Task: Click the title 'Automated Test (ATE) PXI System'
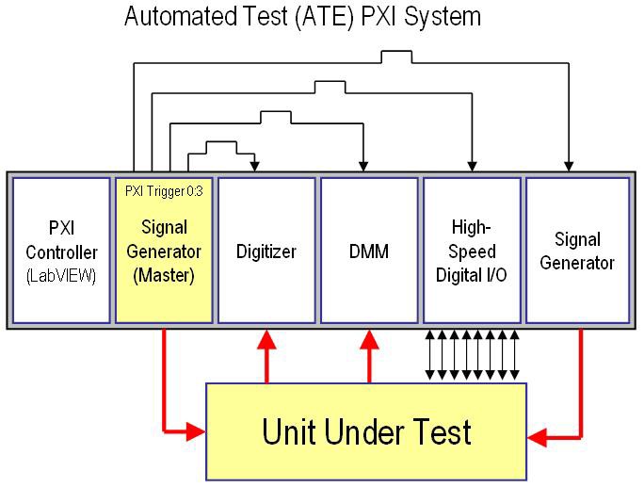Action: tap(302, 16)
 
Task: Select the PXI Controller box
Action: tap(60, 250)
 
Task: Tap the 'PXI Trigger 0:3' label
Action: tap(164, 189)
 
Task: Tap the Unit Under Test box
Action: tap(366, 432)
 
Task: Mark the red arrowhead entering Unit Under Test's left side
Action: tap(197, 432)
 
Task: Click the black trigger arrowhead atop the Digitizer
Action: tap(255, 167)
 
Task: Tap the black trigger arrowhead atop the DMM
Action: tap(362, 167)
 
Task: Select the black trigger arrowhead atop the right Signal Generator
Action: tap(568, 167)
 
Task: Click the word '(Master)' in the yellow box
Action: tap(164, 276)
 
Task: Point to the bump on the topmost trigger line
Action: tap(395, 57)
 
